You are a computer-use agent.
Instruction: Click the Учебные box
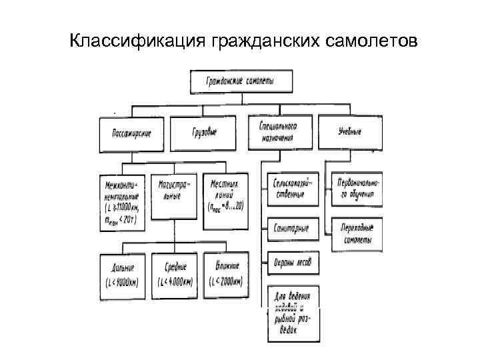(350, 132)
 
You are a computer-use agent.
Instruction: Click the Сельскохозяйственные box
(293, 189)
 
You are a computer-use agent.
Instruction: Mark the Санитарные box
(291, 229)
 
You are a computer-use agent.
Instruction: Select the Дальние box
(124, 273)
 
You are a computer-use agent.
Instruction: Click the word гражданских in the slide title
(257, 42)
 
